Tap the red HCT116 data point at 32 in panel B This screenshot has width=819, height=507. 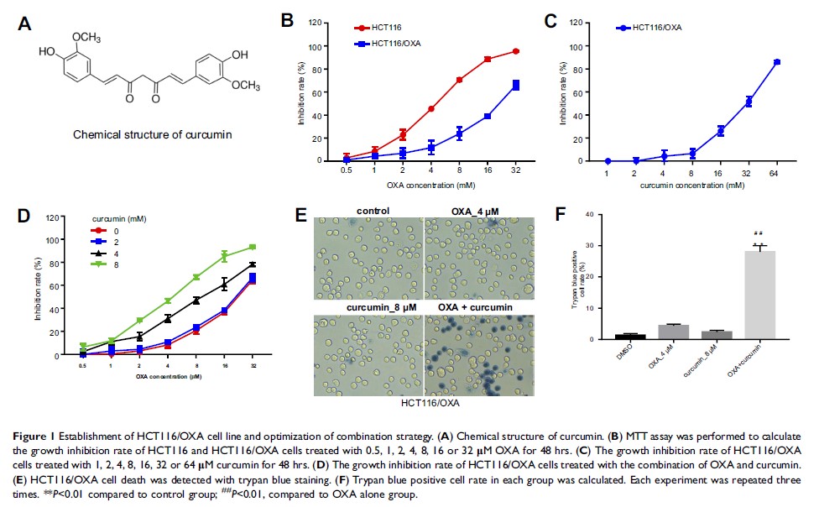[515, 51]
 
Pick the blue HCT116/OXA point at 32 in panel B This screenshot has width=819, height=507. [515, 85]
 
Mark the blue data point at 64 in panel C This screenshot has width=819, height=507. [776, 62]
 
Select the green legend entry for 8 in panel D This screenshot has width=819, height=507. [105, 265]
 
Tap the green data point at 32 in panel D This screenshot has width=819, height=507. [253, 247]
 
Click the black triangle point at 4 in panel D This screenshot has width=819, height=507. [167, 318]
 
